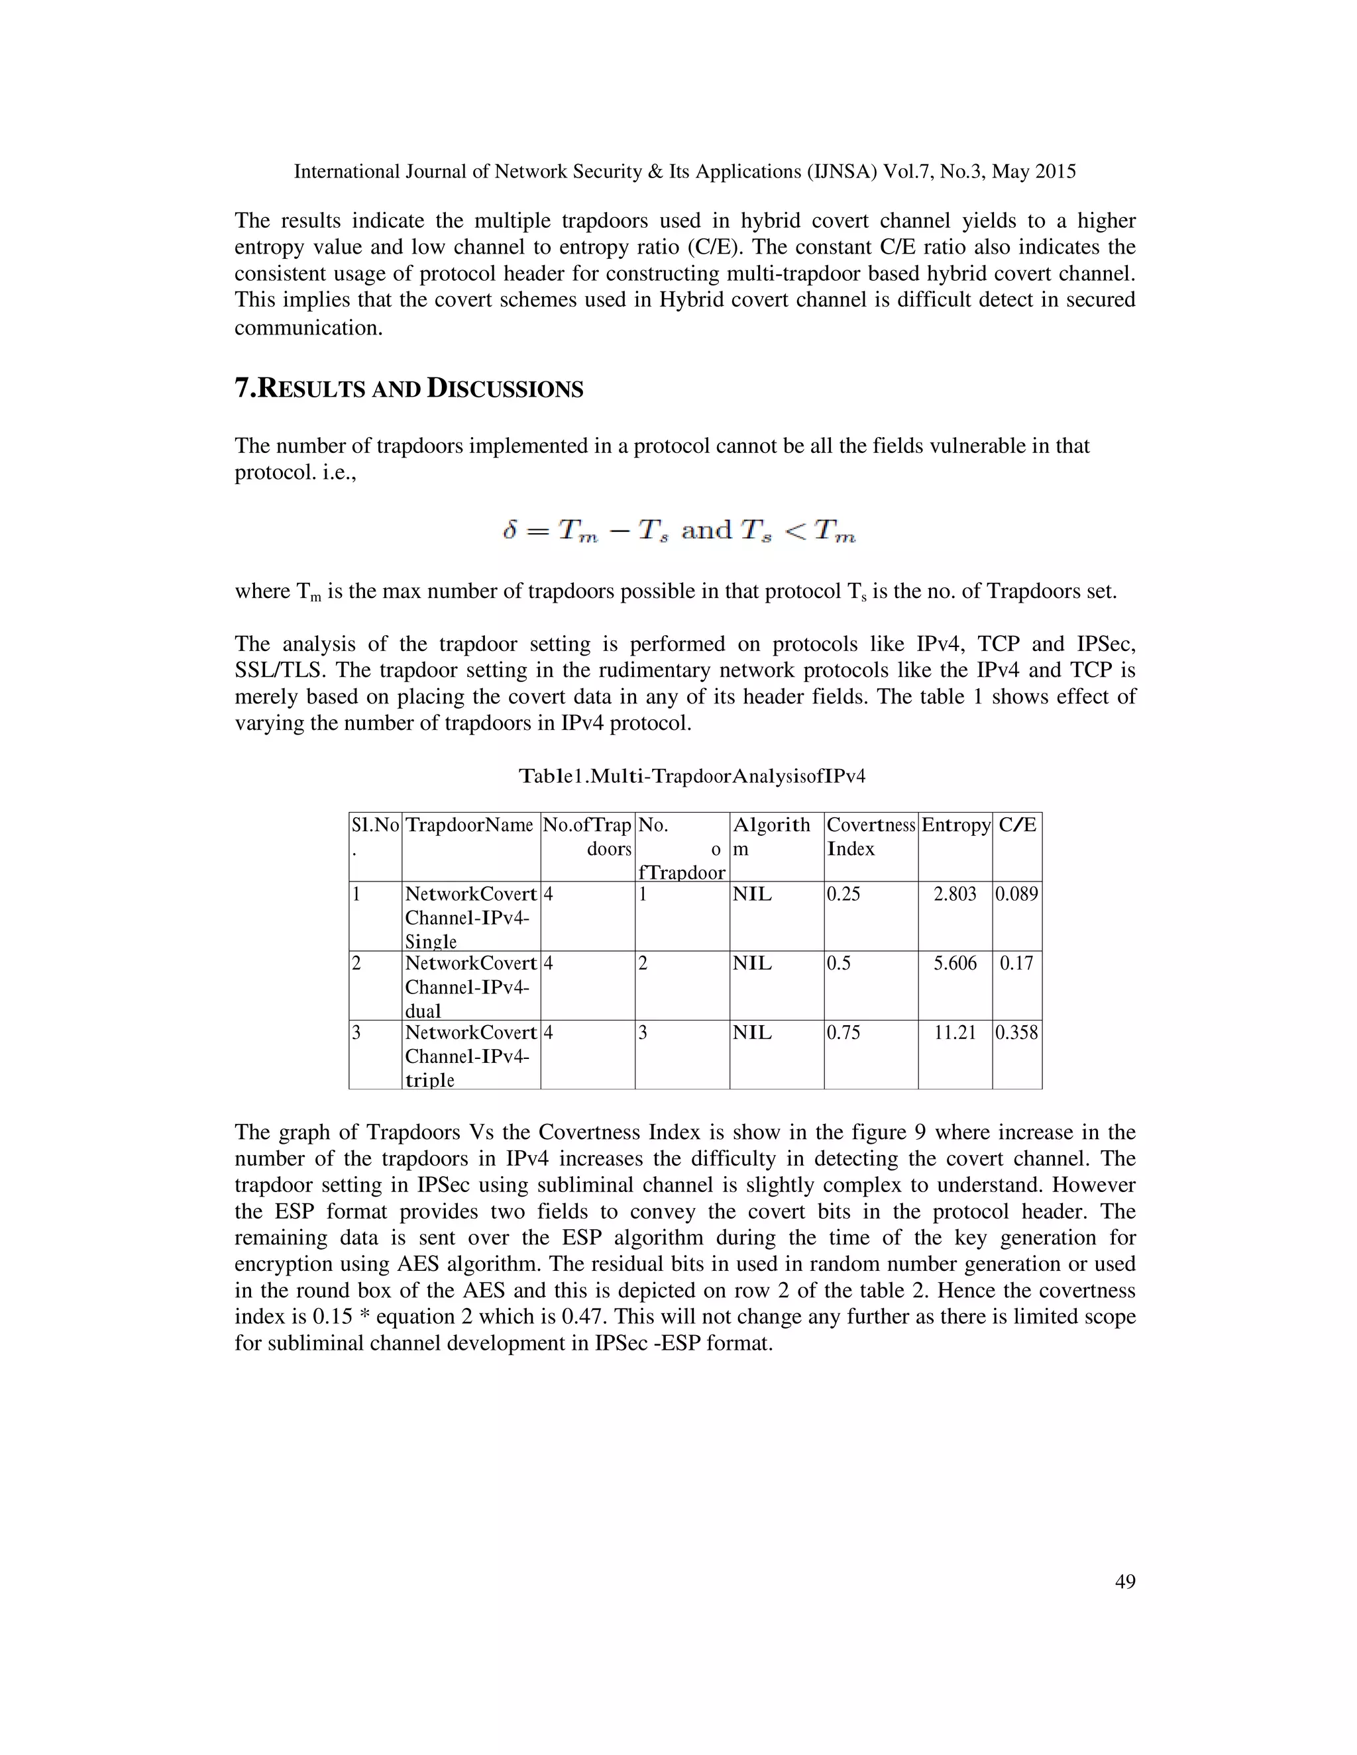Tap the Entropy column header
pyautogui.click(x=955, y=825)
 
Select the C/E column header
pyautogui.click(x=1017, y=825)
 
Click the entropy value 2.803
pyautogui.click(x=954, y=894)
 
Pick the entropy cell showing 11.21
pyautogui.click(x=954, y=1032)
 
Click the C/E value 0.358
pyautogui.click(x=1016, y=1032)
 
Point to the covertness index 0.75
pyautogui.click(x=843, y=1032)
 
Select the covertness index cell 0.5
pyautogui.click(x=838, y=964)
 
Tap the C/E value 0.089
pyautogui.click(x=1016, y=894)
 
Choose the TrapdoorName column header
pyautogui.click(x=470, y=825)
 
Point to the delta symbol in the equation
pyautogui.click(x=510, y=530)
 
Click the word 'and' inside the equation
pyautogui.click(x=706, y=530)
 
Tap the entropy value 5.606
pyautogui.click(x=954, y=964)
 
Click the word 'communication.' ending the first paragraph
pyautogui.click(x=309, y=328)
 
